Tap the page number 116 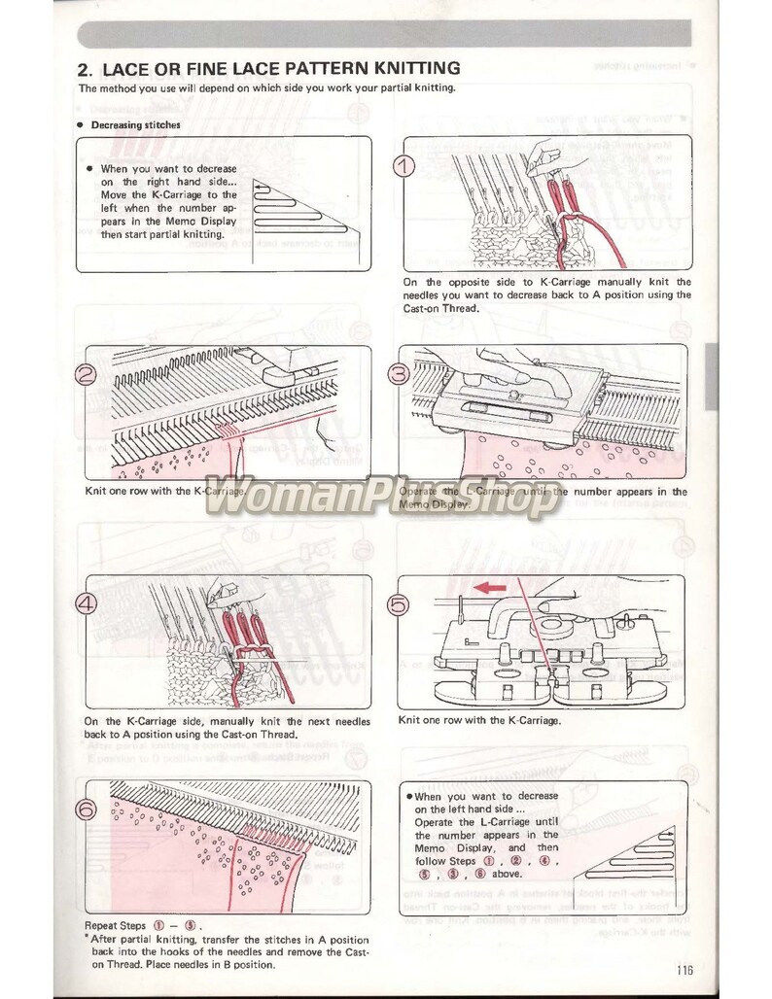(x=680, y=968)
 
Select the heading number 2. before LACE (x=85, y=69)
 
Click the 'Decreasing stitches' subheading (x=135, y=124)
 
